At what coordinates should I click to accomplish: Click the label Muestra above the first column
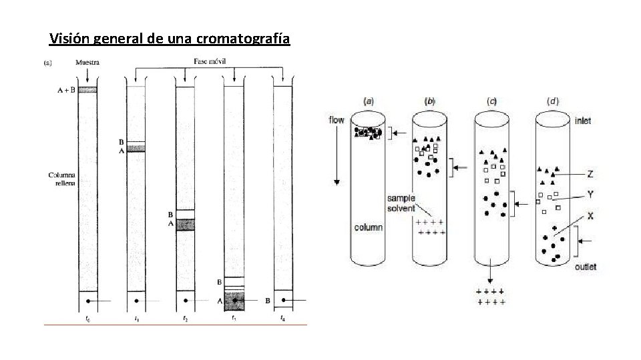click(x=88, y=63)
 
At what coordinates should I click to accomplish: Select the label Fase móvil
click(x=210, y=61)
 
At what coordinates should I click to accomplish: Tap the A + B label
click(x=65, y=89)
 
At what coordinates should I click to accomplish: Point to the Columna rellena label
click(x=62, y=178)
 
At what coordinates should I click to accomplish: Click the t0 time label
click(x=87, y=318)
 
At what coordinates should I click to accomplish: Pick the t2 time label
click(x=185, y=318)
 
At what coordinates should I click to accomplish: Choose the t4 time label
click(x=283, y=318)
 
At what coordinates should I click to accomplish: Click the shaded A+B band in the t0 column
click(x=87, y=89)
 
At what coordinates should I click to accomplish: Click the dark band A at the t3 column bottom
click(x=234, y=301)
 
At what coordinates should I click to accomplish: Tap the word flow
click(x=337, y=120)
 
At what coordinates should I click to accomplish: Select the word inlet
click(x=583, y=121)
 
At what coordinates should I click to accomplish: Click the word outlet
click(x=586, y=267)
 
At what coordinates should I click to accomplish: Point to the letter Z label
click(x=590, y=175)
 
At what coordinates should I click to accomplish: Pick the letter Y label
click(x=590, y=195)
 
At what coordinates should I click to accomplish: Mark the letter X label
click(x=590, y=216)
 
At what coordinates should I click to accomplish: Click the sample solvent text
click(x=401, y=203)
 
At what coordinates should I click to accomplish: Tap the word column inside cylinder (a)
click(x=369, y=227)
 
